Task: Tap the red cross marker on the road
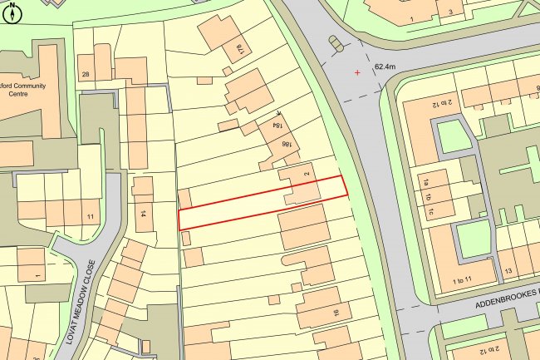point(358,73)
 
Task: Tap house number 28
point(85,76)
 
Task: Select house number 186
point(287,148)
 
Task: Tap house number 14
point(143,214)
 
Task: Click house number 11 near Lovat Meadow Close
point(90,217)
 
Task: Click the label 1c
point(432,212)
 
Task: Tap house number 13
point(508,272)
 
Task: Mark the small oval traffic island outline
point(334,42)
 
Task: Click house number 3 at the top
point(449,12)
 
